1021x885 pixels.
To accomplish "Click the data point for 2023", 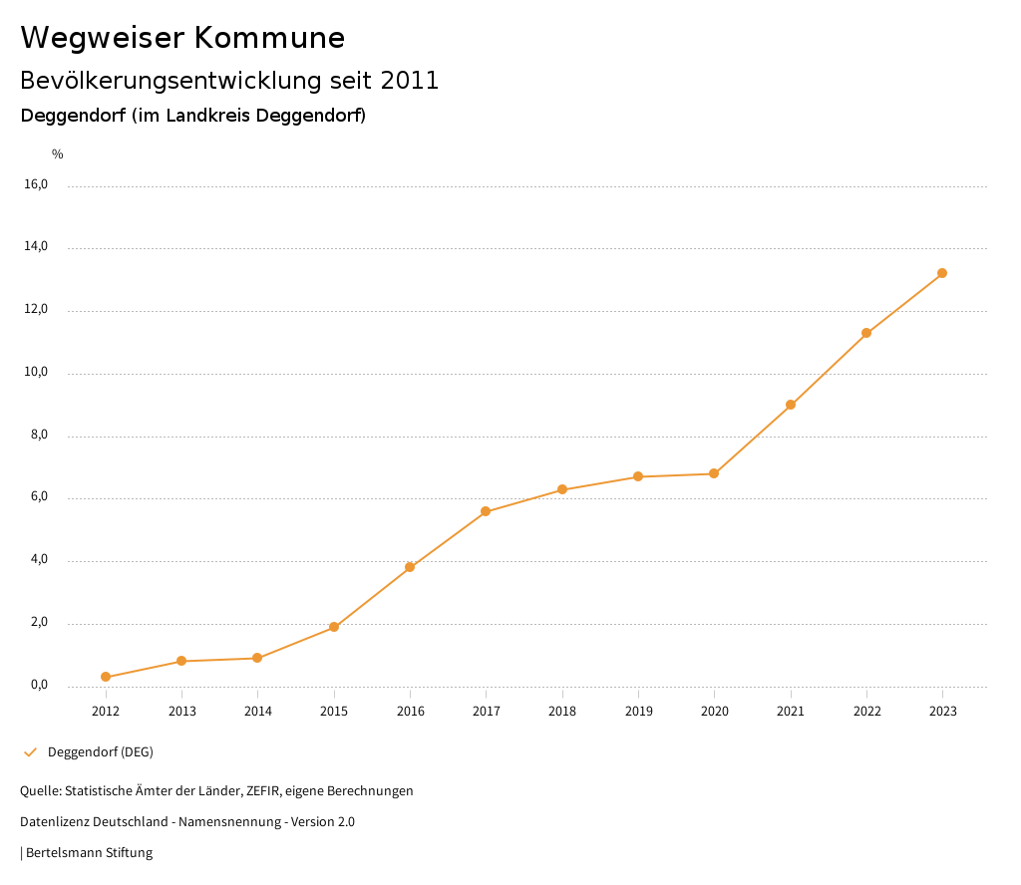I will (x=942, y=273).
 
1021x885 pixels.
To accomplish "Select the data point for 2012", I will (x=106, y=677).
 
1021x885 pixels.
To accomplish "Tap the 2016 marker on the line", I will (x=410, y=567).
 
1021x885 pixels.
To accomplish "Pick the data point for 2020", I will (x=714, y=473).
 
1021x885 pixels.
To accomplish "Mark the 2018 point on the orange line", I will (x=562, y=489).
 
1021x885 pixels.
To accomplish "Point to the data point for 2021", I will (x=791, y=405).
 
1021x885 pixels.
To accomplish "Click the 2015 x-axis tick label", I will (x=334, y=711).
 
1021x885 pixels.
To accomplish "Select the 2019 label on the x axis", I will (x=638, y=711).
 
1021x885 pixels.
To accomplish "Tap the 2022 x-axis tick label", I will (x=866, y=711).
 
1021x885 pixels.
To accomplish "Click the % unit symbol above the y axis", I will (x=58, y=154).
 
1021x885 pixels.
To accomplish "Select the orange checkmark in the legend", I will (x=30, y=752).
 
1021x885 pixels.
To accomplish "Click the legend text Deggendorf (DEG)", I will (x=101, y=752).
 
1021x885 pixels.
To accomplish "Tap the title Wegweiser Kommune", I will (x=182, y=38).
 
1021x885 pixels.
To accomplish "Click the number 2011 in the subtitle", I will (x=410, y=81).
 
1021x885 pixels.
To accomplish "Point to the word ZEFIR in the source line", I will (x=264, y=791).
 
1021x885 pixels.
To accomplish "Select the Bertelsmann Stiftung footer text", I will (x=89, y=853).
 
